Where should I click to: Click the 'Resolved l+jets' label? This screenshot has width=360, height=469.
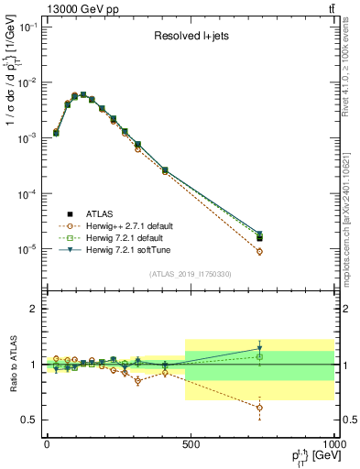pyautogui.click(x=191, y=38)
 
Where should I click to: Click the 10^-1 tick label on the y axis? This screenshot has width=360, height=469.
pyautogui.click(x=27, y=27)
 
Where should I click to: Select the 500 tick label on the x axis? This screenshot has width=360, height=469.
pyautogui.click(x=191, y=444)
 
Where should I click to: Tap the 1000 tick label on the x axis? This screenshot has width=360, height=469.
pyautogui.click(x=331, y=444)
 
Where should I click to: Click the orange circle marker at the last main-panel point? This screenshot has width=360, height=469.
pyautogui.click(x=260, y=251)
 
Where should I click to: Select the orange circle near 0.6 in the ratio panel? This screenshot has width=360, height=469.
pyautogui.click(x=260, y=408)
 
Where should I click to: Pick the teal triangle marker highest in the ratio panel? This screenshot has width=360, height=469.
pyautogui.click(x=260, y=349)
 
